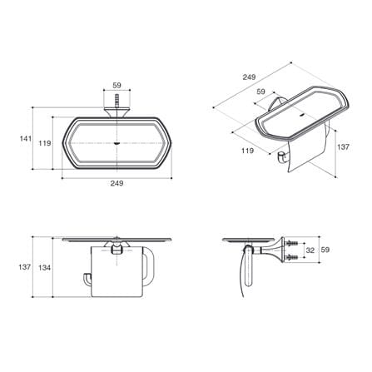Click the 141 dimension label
26,138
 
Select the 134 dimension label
44,268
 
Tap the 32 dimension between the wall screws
310,250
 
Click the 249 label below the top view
117,183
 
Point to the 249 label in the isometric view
249,77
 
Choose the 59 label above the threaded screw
117,85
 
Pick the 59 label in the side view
325,250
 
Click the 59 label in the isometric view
260,92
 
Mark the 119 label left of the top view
45,143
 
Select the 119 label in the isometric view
247,151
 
